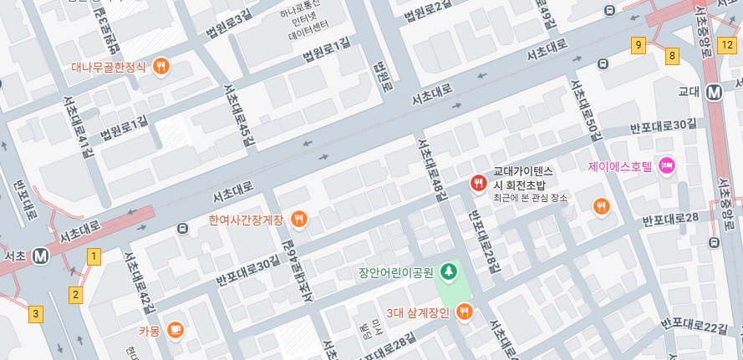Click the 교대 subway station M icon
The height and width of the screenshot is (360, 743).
coord(714,92)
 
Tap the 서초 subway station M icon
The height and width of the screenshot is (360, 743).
coord(40,256)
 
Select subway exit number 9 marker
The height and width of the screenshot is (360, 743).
coord(639,44)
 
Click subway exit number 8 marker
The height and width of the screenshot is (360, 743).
coord(672,56)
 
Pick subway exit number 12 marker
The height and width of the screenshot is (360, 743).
coord(732,44)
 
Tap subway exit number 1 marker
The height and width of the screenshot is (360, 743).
coord(94,256)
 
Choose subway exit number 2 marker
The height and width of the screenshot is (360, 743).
coord(76,294)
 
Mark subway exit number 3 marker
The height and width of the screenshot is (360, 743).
coord(35,314)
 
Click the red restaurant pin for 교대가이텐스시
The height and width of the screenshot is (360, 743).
coord(478,183)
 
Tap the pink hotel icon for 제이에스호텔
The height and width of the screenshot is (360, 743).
coord(667,165)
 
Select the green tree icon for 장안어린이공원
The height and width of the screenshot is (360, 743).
coord(449,271)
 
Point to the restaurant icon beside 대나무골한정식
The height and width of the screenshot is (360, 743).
coord(162,66)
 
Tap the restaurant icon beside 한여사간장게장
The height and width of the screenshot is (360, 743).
coord(299,220)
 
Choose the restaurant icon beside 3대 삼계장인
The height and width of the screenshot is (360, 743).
coord(465,312)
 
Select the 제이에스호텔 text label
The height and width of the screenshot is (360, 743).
coord(619,166)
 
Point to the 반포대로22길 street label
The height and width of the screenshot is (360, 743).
coord(693,324)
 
